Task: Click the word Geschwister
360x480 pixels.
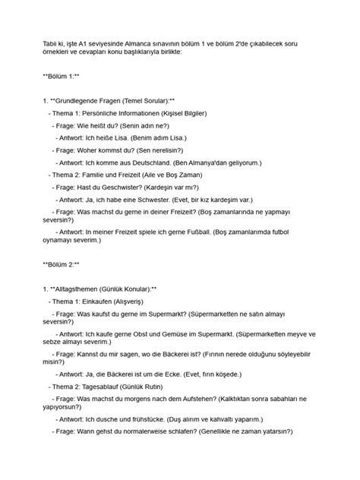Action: click(x=128, y=186)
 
